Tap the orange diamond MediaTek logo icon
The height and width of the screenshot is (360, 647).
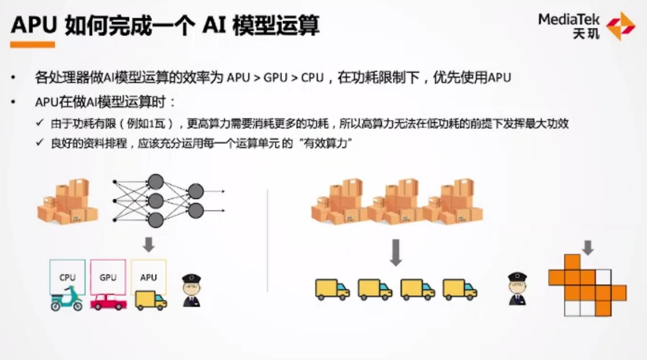coord(620,26)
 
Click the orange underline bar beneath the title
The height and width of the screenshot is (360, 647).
coord(32,44)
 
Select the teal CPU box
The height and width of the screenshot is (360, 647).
coord(67,277)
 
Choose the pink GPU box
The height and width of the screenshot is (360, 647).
coord(108,277)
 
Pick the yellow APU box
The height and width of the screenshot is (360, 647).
coord(148,277)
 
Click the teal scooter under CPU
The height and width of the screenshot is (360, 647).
coord(66,299)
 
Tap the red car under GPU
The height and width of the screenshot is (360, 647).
coord(108,302)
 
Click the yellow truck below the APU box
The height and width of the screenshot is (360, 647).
coord(151,300)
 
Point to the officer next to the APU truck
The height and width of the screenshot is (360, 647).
coord(191,291)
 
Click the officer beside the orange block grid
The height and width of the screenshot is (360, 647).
coord(517,289)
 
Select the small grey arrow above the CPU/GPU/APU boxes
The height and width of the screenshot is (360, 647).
coord(149,245)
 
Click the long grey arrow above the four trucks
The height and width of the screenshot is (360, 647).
coord(396,252)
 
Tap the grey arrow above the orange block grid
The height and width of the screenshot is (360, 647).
coord(588,248)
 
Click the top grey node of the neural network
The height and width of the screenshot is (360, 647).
coord(156,182)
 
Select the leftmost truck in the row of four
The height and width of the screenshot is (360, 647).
coord(332,290)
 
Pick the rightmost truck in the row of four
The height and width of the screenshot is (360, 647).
coord(460,290)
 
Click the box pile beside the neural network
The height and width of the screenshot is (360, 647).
coord(67,201)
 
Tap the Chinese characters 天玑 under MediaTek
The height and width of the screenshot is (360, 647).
coord(586,34)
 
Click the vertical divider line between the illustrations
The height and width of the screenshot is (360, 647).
coord(267,241)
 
